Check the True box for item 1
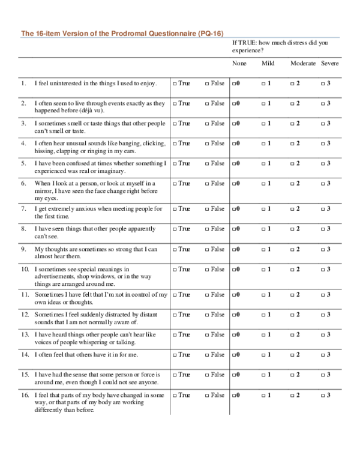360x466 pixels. (175, 83)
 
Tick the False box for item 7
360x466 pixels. (208, 208)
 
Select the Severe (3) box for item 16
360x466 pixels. (322, 395)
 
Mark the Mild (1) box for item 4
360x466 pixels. (263, 144)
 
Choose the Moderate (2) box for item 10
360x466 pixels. (292, 270)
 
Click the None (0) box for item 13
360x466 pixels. (233, 334)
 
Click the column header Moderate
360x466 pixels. (303, 64)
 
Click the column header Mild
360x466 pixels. (268, 64)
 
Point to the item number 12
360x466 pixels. (25, 314)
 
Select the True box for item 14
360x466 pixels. (175, 354)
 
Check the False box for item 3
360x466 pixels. (208, 123)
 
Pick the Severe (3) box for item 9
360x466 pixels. (322, 249)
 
